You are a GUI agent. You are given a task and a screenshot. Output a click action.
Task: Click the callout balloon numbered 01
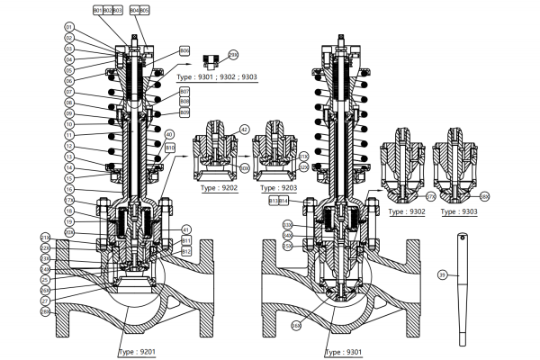click(67, 28)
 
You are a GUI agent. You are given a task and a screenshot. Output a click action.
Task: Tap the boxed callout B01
click(98, 9)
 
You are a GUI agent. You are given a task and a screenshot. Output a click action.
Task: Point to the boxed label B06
click(184, 50)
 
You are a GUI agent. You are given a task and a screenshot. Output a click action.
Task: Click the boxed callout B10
click(169, 147)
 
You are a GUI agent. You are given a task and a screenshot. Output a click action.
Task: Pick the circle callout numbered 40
click(169, 135)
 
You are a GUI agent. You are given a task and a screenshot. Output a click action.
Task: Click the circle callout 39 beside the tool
click(442, 274)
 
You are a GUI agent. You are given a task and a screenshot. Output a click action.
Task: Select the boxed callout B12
click(186, 252)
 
